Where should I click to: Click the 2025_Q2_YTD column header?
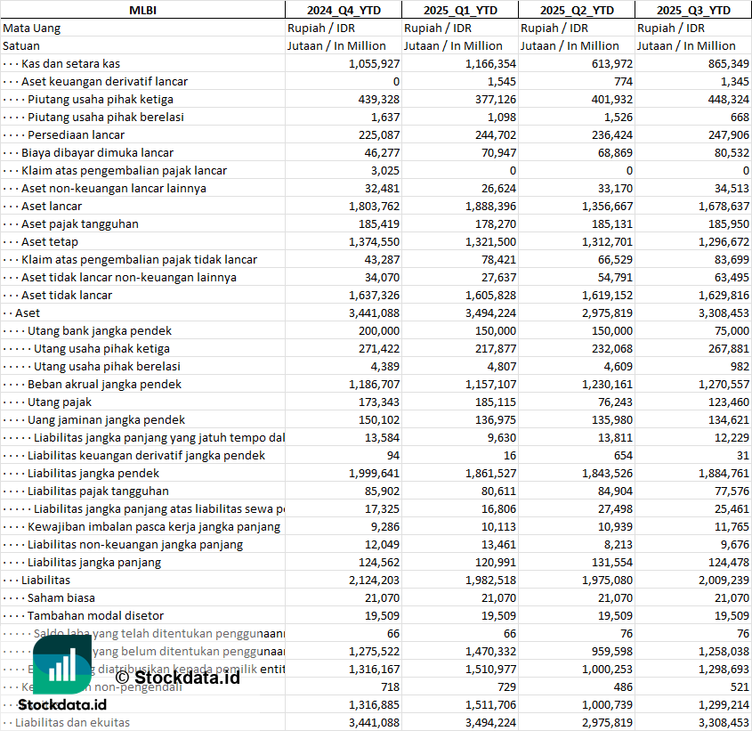[577, 10]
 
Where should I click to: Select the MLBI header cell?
[142, 10]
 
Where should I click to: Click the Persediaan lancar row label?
[76, 134]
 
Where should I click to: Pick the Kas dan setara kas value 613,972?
[610, 63]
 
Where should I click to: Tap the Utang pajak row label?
[60, 402]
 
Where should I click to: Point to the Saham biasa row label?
[61, 597]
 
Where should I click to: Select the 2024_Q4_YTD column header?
[343, 10]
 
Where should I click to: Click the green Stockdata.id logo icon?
[62, 664]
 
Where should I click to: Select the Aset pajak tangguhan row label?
[80, 223]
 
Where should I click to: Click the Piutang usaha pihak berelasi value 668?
[739, 117]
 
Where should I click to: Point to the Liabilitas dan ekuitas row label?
[72, 722]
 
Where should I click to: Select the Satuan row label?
[21, 45]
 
